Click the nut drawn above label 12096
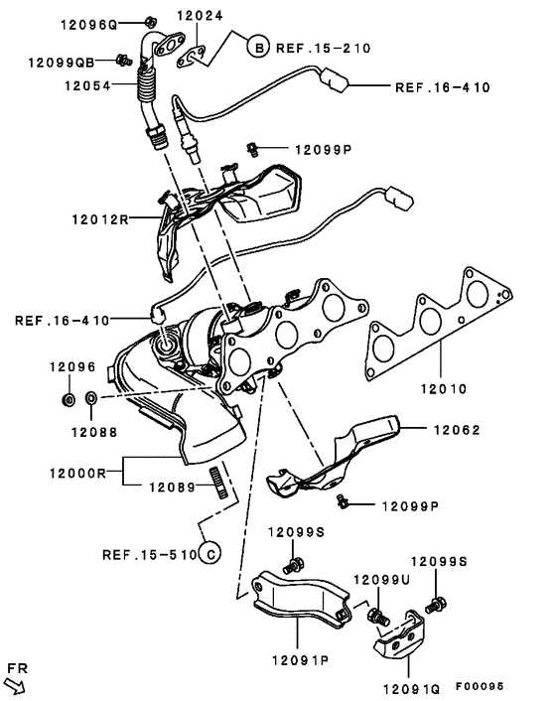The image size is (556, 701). coord(68,399)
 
